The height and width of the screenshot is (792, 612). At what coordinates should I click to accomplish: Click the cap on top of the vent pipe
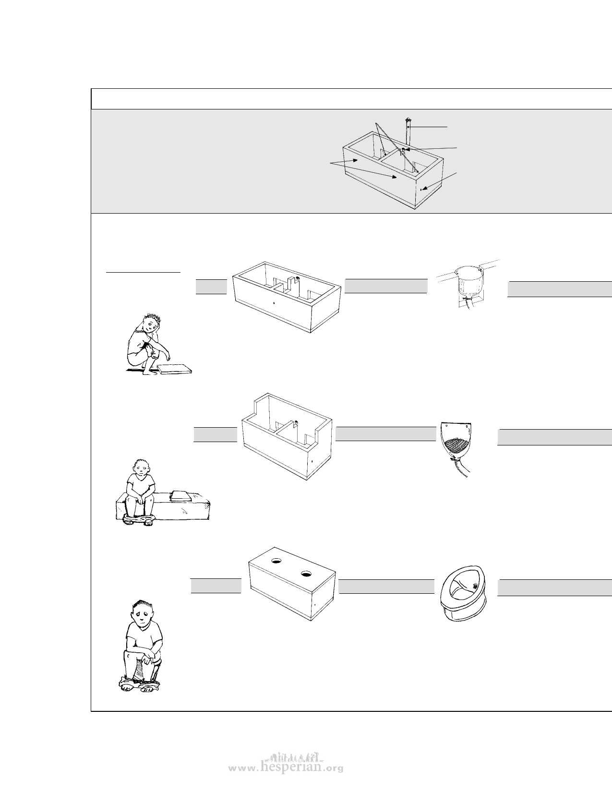[408, 119]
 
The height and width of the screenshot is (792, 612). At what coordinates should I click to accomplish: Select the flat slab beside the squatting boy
[175, 369]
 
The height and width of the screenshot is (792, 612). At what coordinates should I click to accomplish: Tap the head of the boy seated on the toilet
[143, 612]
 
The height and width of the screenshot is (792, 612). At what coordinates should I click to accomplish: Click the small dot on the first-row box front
[274, 302]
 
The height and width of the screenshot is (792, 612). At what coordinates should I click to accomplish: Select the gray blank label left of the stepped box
[215, 434]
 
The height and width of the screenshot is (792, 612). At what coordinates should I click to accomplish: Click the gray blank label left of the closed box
[216, 586]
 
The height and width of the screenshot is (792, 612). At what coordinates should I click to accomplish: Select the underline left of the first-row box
[143, 272]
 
